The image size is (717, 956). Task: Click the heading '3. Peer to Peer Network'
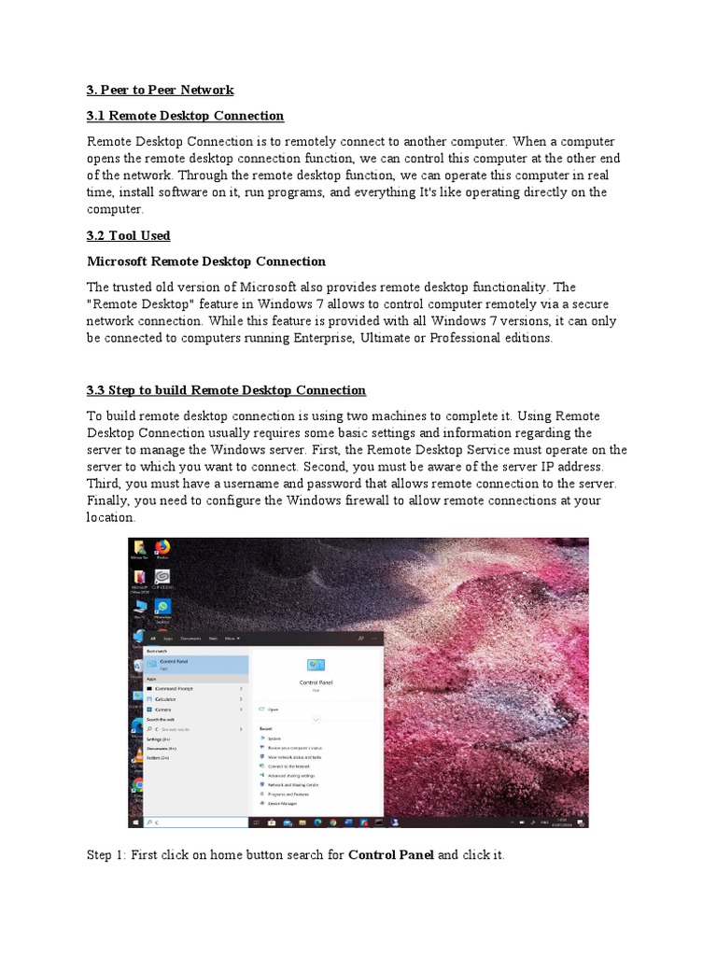click(160, 90)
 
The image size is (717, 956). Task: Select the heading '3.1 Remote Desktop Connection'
click(185, 116)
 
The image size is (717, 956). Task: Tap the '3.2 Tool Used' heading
click(129, 235)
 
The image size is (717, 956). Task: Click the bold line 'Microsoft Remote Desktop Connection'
click(206, 261)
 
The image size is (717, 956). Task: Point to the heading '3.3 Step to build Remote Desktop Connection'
click(226, 389)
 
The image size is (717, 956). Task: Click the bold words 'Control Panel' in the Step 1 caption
click(390, 854)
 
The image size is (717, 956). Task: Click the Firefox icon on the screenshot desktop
click(162, 548)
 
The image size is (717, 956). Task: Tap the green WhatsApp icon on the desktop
click(162, 610)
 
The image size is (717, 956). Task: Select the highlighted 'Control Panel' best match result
click(196, 664)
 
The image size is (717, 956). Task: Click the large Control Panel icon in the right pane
click(316, 664)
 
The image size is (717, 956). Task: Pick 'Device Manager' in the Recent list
click(282, 803)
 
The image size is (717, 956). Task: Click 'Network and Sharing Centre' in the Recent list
click(293, 784)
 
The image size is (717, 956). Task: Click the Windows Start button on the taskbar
click(136, 822)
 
